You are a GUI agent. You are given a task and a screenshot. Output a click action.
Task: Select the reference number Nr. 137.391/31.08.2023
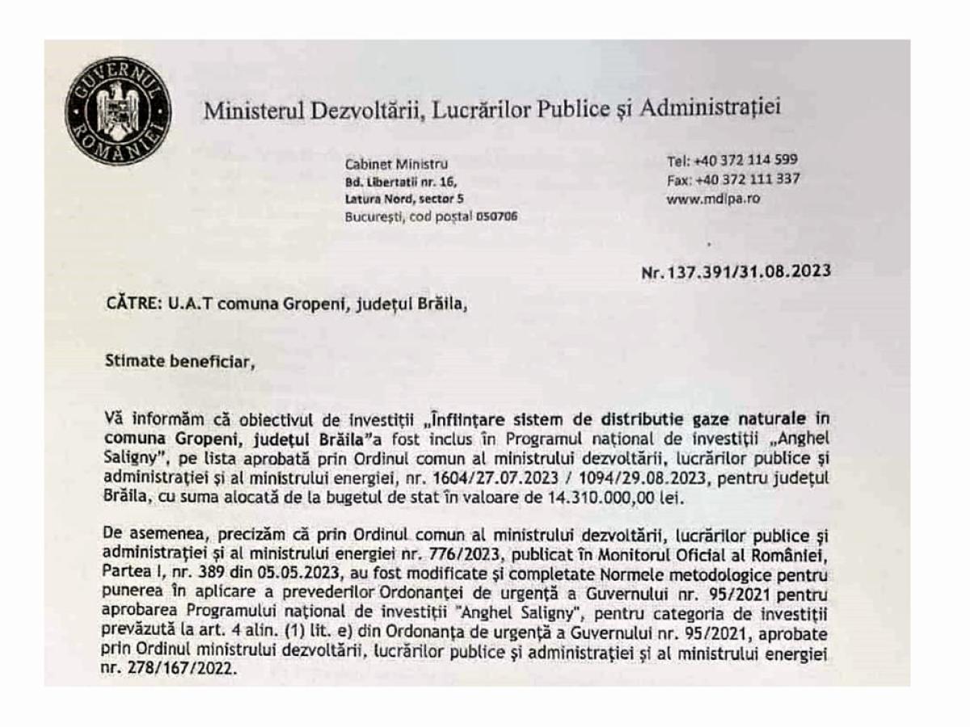pos(736,271)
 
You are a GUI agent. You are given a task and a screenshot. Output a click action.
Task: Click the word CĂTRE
pos(129,305)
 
